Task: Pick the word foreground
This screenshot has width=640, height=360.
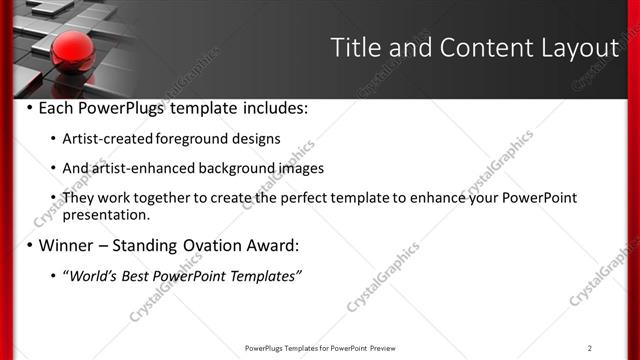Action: [x=192, y=138]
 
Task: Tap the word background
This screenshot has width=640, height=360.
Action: [x=247, y=168]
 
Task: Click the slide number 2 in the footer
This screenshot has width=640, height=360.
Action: [x=590, y=348]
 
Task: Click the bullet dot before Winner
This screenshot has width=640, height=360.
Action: [x=29, y=245]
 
